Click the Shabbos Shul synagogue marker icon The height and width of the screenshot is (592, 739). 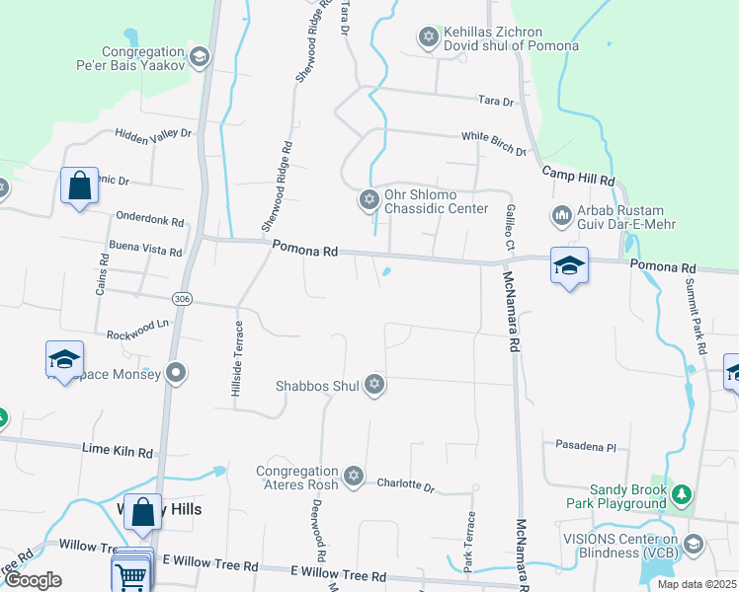pos(373,385)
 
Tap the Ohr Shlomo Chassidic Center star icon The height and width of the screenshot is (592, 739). pos(369,200)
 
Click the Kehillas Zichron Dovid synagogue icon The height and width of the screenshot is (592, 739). pos(428,37)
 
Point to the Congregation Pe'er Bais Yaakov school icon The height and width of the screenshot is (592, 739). pos(200,58)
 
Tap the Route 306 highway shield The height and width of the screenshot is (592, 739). pos(180,298)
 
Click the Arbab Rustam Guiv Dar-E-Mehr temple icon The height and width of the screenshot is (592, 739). pos(561,215)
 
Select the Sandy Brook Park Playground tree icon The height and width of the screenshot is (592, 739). pos(680,494)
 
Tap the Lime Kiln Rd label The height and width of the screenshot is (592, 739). pos(118,452)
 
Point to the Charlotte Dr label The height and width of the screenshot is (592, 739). pos(405,485)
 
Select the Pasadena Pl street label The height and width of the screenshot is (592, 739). pos(585,446)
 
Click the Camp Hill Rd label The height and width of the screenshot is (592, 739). pos(578,177)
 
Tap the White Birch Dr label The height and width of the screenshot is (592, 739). pos(494,143)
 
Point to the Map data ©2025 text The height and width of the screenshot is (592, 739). pos(698,584)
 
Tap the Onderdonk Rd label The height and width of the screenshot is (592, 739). pos(150,218)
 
